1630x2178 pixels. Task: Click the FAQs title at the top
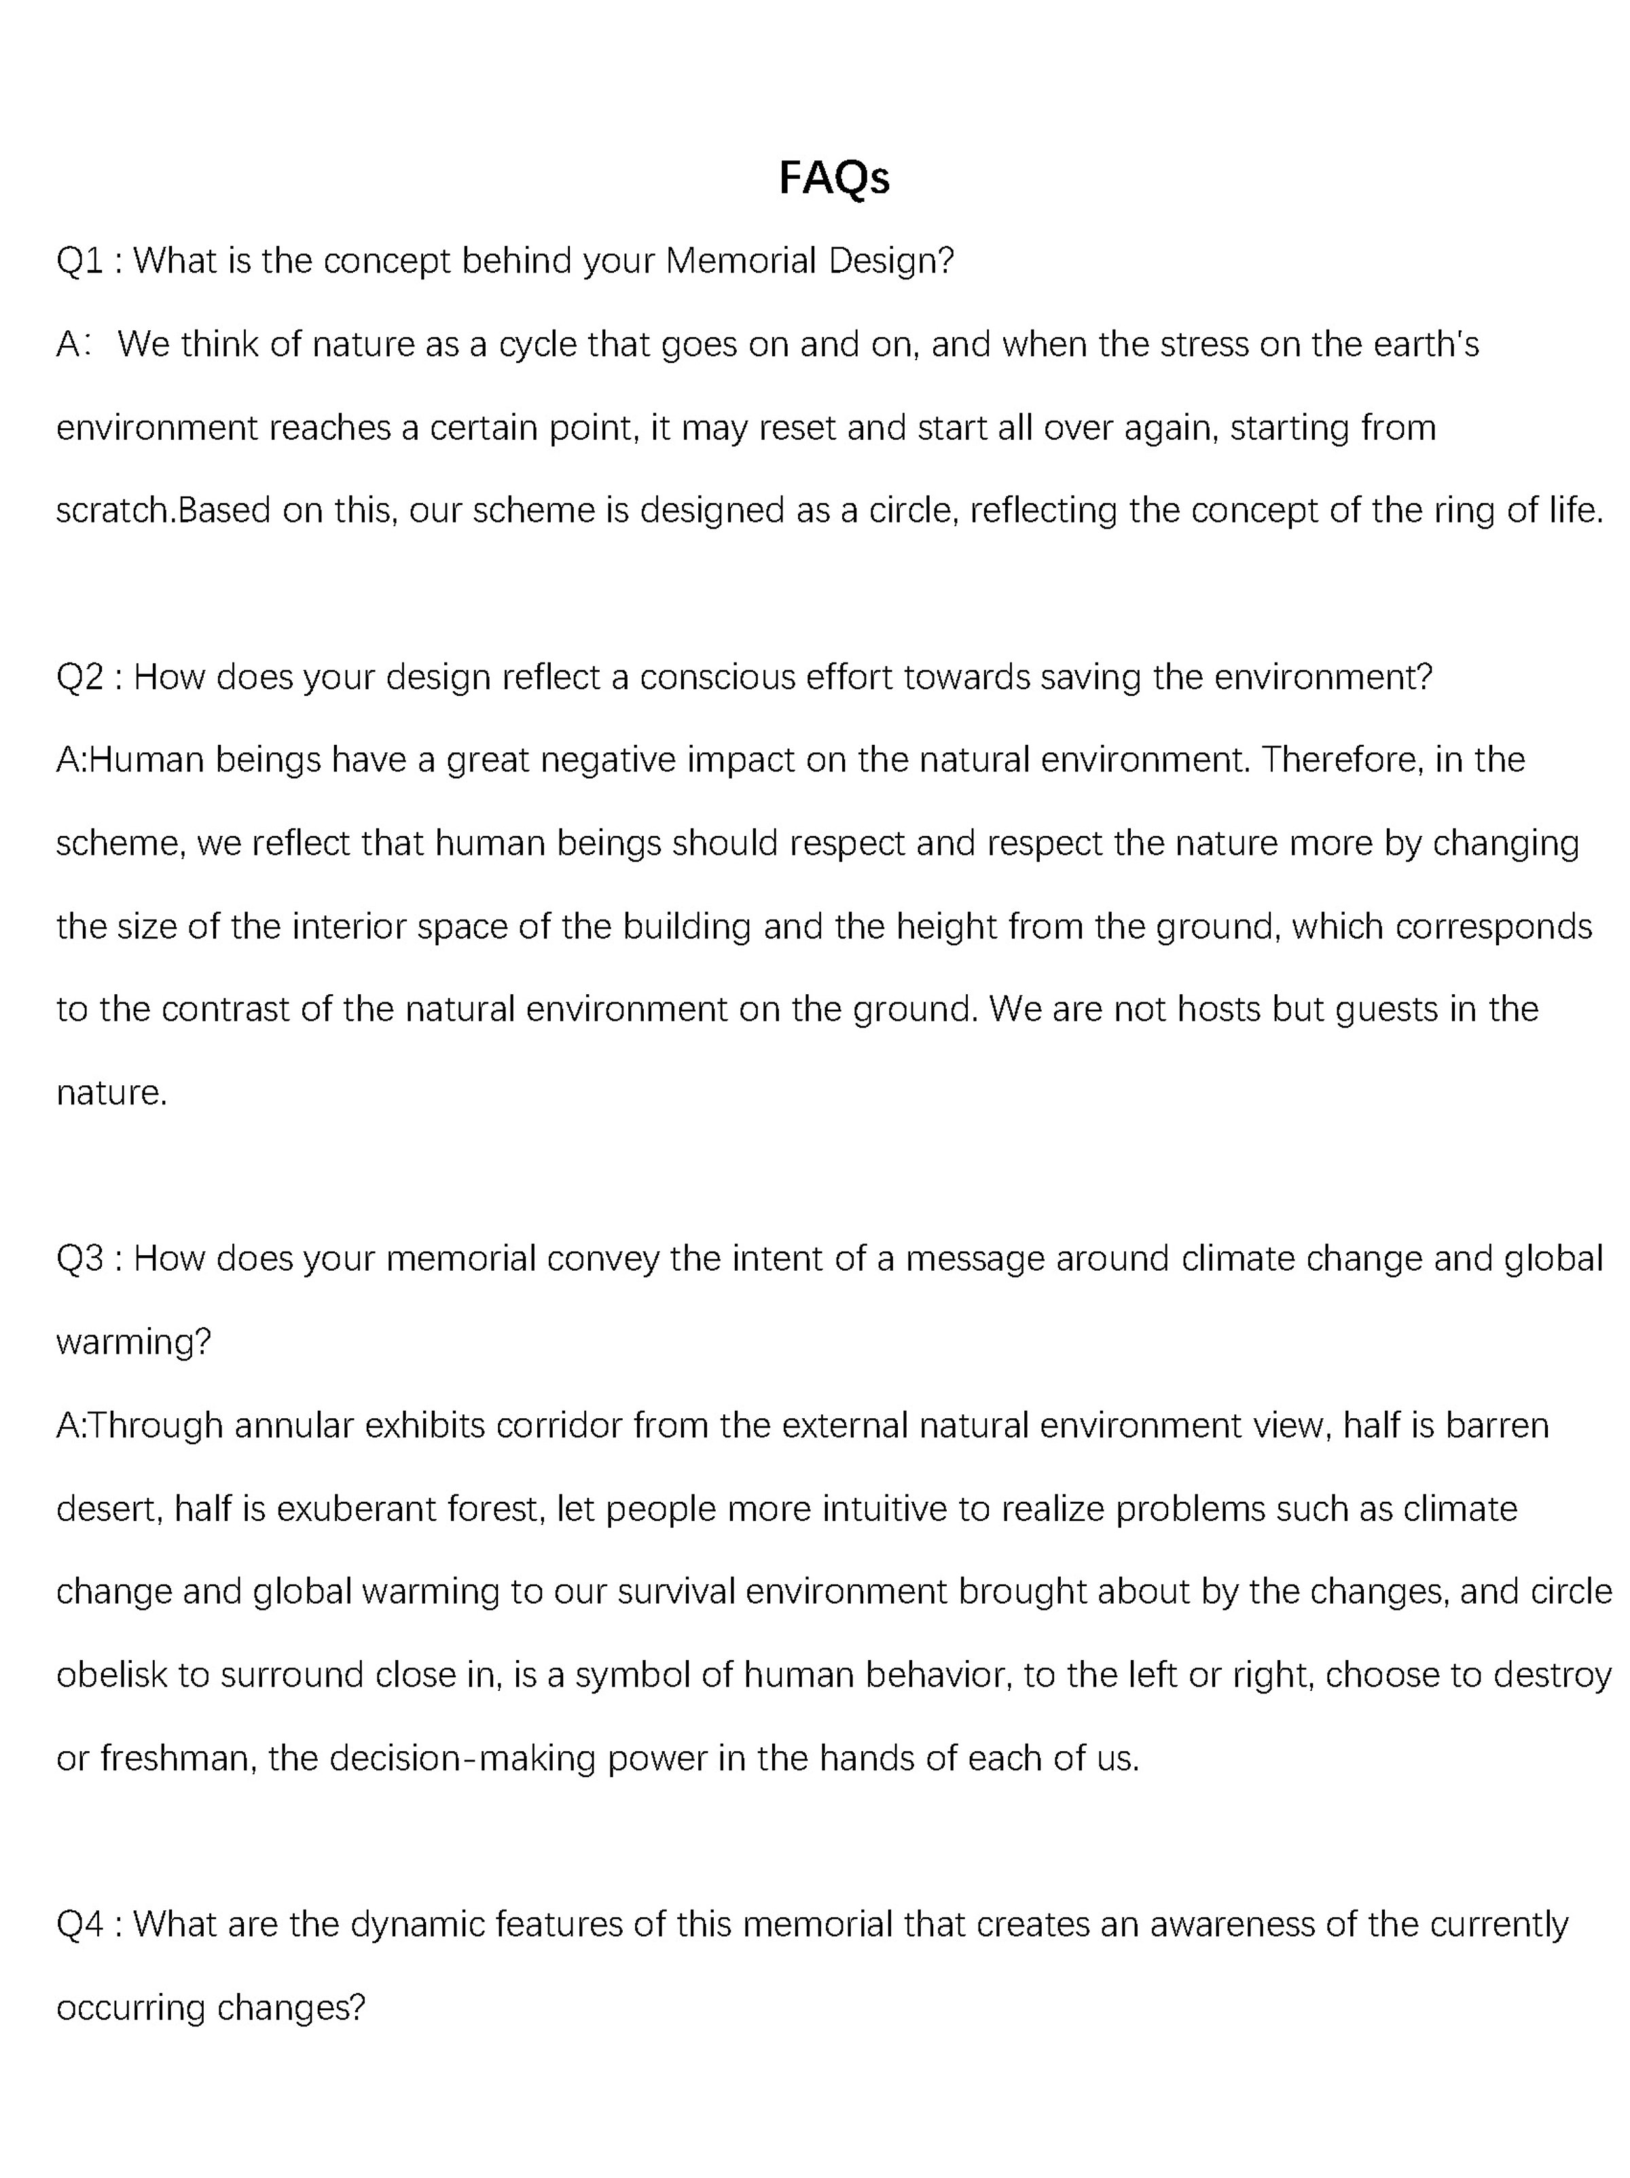pos(834,178)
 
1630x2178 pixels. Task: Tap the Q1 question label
pos(79,261)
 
